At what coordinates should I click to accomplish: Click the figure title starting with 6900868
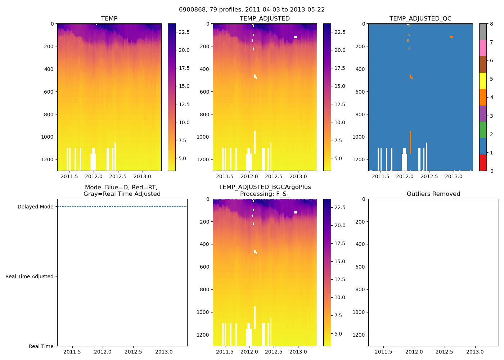pos(252,10)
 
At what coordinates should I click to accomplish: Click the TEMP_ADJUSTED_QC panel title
pos(420,19)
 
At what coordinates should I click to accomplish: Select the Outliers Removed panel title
pos(433,194)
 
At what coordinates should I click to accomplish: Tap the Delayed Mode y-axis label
pos(35,207)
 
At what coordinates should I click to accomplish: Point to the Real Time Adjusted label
pos(30,276)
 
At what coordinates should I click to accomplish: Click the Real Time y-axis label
pos(41,346)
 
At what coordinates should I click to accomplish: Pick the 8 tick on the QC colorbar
pos(491,24)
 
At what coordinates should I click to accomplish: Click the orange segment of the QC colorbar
pos(483,97)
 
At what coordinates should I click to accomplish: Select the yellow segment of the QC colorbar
pos(483,81)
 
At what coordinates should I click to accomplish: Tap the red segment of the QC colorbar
pos(483,163)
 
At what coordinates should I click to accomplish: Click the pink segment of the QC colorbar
pos(483,48)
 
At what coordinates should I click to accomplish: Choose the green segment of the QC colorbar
pos(483,130)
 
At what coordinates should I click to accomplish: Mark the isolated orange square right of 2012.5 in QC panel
pos(451,37)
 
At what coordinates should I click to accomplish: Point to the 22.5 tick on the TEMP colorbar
pos(184,32)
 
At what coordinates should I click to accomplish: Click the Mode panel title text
pos(122,191)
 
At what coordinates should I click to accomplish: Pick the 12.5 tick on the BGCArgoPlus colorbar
pos(340,279)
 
